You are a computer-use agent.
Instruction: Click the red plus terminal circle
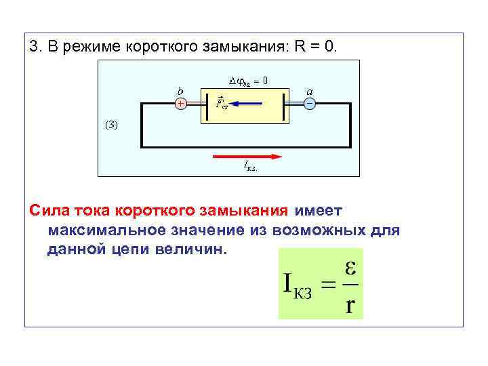(181, 104)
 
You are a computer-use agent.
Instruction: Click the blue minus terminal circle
(309, 104)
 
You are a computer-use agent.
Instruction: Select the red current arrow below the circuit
(247, 156)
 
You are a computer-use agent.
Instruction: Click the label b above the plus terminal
(180, 90)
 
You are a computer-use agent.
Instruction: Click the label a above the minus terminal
(309, 91)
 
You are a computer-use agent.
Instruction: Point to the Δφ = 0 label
(248, 80)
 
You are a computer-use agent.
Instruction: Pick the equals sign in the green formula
(328, 287)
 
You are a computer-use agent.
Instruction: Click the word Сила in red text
(47, 211)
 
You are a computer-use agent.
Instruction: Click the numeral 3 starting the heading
(33, 47)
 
